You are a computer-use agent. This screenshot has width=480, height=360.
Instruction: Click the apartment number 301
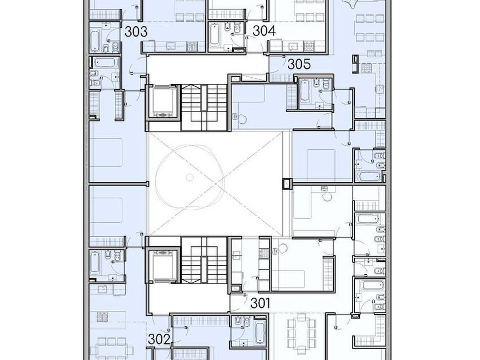pos(260,303)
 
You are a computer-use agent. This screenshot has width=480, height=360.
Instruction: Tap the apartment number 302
pos(159,339)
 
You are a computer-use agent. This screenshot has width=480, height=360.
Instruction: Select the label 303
pos(136,31)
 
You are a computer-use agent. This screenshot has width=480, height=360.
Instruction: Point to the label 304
pos(264,31)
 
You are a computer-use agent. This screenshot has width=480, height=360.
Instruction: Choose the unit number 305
pos(299,64)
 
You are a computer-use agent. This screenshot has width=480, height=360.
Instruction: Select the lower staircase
pos(204,260)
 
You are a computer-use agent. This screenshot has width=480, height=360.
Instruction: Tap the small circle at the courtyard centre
pos(190,177)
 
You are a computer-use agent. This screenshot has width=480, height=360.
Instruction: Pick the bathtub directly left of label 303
pos(95,41)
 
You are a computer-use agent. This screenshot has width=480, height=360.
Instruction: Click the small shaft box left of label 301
pos(235,289)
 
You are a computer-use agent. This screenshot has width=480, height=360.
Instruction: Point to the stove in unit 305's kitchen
pos(366,67)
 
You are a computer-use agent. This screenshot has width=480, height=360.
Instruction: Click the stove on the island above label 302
pos(102,317)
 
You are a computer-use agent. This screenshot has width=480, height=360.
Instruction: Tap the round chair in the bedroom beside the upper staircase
pos(242,119)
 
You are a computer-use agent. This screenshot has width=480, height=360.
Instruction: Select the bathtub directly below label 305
pos(304,91)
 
